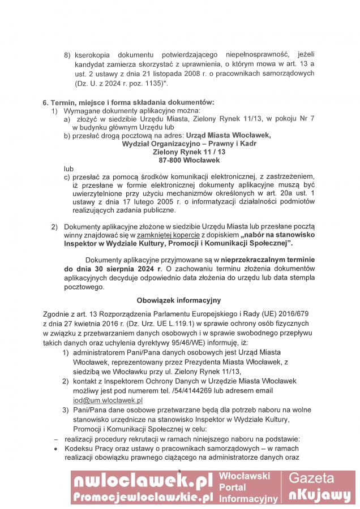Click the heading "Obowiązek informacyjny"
click(x=178, y=300)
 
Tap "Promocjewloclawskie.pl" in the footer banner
click(x=143, y=497)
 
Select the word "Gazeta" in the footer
click(x=319, y=478)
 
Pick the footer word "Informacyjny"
click(x=248, y=499)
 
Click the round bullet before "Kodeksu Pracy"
click(x=55, y=448)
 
